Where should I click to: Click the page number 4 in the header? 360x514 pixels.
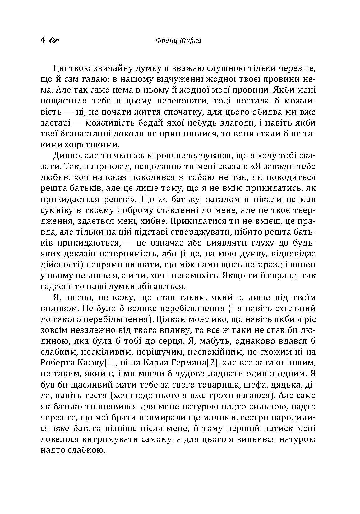coord(43,40)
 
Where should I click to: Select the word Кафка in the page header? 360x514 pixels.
coord(190,41)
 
